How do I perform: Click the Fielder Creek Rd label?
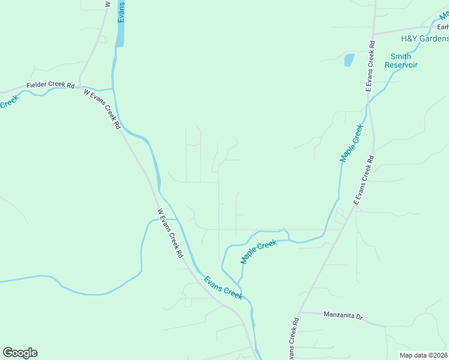[x=50, y=86]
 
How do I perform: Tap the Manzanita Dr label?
[x=343, y=314]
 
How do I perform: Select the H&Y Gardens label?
[x=424, y=39]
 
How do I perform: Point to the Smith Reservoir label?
[x=401, y=61]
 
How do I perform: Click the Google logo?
[x=20, y=353]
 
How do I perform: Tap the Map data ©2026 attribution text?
[x=424, y=355]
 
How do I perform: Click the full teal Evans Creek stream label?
[x=223, y=287]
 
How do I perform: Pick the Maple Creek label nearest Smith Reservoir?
[x=352, y=143]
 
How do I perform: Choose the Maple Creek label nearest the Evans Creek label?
[x=259, y=251]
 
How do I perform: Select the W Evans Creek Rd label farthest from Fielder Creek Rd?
[x=170, y=233]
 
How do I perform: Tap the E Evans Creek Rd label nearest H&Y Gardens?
[x=372, y=66]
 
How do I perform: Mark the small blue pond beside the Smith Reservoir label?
[x=348, y=60]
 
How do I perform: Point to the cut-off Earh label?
[x=443, y=26]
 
